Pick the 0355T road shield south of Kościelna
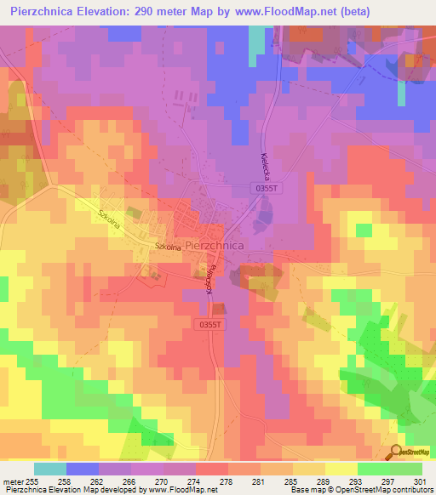(x=209, y=324)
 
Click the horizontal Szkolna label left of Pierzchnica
(x=168, y=247)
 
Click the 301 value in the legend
(x=418, y=482)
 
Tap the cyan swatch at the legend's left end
(x=50, y=469)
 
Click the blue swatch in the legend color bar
(x=83, y=469)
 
